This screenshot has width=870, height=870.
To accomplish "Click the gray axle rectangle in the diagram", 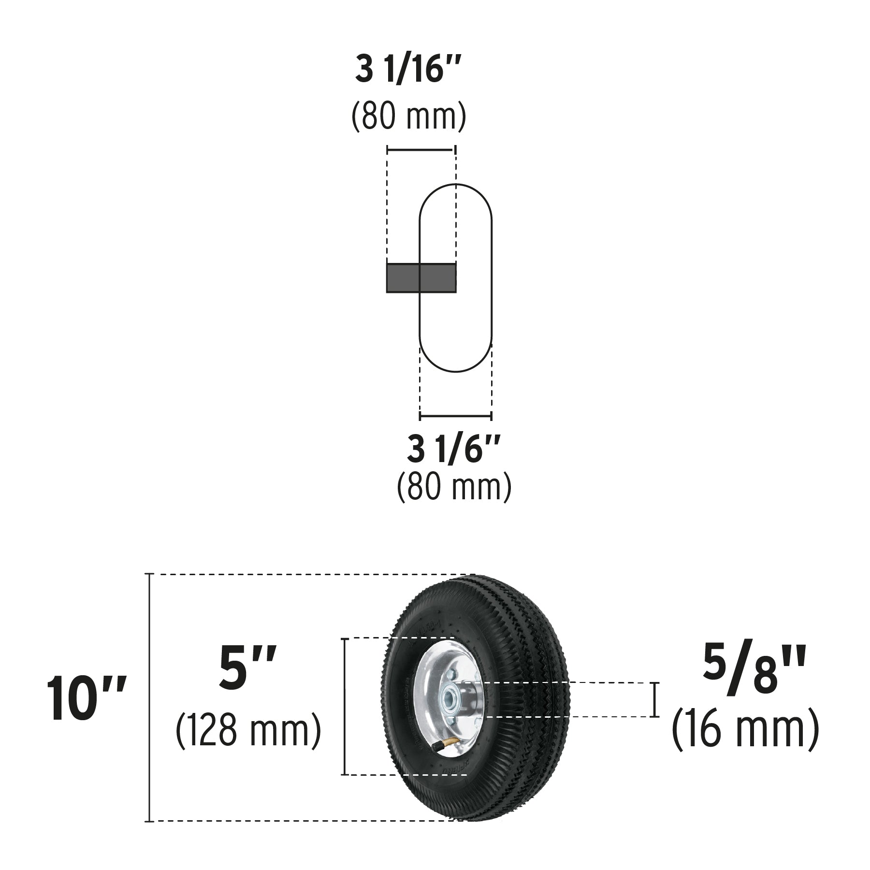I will (x=420, y=278).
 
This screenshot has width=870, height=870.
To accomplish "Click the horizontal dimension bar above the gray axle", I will (x=420, y=150).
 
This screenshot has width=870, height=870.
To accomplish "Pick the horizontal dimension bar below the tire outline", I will (x=455, y=415).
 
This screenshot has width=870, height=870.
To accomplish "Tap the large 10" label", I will (x=86, y=699).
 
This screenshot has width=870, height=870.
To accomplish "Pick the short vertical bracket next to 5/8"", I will (x=655, y=699).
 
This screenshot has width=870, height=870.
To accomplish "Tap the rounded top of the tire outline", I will (x=455, y=186).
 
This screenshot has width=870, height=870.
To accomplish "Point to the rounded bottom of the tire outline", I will (x=455, y=371).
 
